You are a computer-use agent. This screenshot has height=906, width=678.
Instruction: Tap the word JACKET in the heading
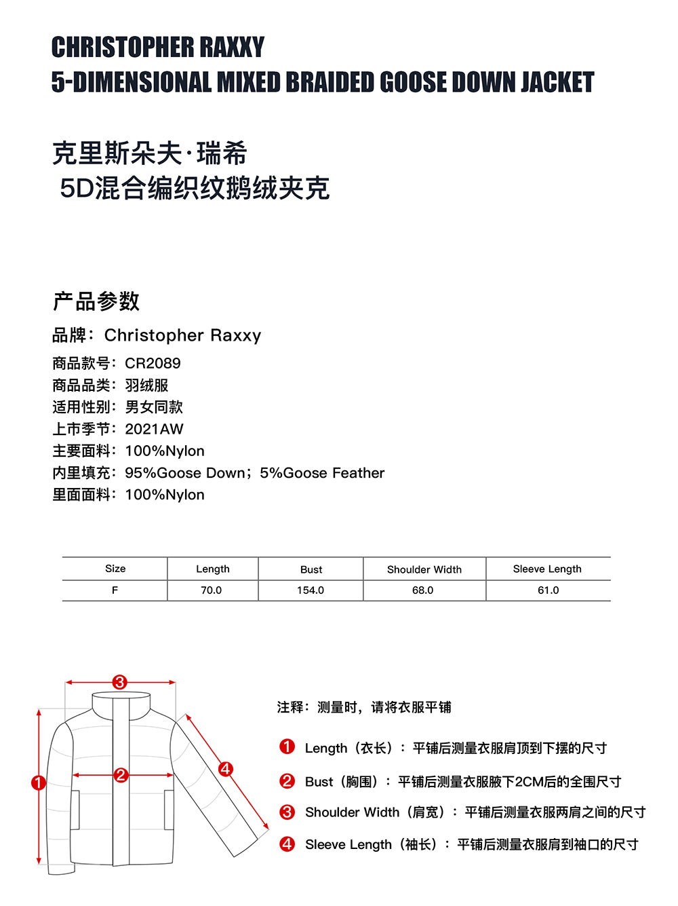click(x=557, y=82)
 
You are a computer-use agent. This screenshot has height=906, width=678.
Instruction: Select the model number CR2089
click(x=153, y=363)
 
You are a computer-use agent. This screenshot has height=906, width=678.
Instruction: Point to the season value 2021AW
click(x=154, y=429)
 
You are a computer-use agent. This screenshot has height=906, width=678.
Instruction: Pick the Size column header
click(x=115, y=569)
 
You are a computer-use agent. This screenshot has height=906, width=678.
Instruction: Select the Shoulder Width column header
click(x=424, y=569)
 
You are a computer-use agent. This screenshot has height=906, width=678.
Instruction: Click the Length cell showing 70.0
click(x=212, y=590)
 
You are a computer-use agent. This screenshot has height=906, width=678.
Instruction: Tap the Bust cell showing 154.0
click(x=311, y=590)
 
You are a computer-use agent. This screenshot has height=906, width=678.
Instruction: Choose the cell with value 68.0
click(x=423, y=590)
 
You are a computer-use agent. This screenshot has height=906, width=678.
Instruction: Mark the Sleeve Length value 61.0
click(x=549, y=590)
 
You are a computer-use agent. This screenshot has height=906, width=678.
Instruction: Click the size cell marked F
click(x=115, y=590)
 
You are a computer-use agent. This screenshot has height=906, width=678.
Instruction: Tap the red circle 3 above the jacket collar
click(x=120, y=682)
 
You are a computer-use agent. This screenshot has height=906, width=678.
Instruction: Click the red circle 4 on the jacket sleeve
click(x=225, y=769)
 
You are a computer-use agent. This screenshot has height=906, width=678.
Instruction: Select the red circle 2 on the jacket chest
click(x=121, y=774)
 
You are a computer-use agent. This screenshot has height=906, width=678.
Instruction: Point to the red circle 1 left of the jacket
click(x=39, y=783)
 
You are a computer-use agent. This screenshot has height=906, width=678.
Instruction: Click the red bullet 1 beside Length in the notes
click(x=287, y=747)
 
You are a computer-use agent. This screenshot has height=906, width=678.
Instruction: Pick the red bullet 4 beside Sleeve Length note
click(x=287, y=844)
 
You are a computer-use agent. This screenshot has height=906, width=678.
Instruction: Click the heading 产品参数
click(x=96, y=301)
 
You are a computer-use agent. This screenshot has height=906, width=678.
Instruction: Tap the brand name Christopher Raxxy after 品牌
click(x=182, y=335)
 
